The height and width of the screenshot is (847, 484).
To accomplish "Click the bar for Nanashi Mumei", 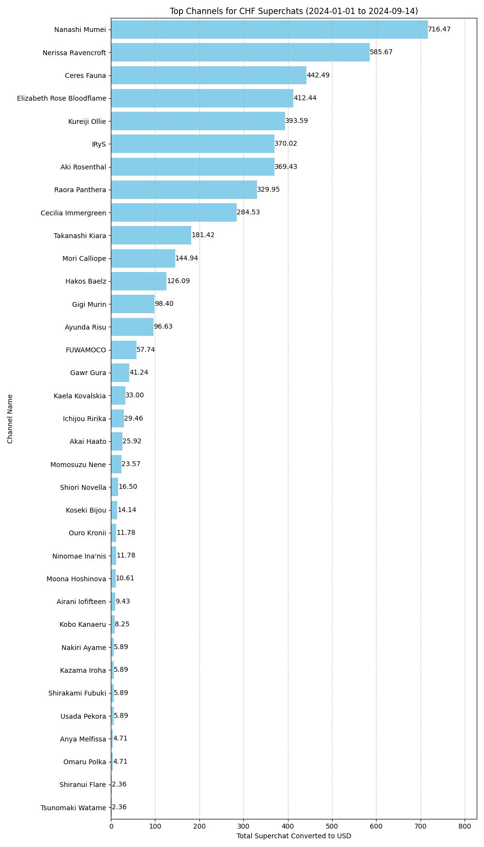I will point(269,30).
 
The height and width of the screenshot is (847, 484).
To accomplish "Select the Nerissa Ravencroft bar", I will point(240,52).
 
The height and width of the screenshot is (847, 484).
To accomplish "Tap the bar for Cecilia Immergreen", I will point(174,212).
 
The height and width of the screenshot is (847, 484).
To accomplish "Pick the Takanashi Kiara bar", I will point(151,235).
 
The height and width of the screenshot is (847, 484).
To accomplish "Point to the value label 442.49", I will point(318,75).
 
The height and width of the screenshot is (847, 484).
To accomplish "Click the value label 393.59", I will point(296,121).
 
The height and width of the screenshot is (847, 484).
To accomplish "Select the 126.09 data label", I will point(178,281).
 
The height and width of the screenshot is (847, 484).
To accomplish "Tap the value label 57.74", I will point(146,349).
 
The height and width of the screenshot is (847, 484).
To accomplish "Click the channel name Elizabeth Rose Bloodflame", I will point(61,98).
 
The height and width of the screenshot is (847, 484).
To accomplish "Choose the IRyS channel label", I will point(99,144).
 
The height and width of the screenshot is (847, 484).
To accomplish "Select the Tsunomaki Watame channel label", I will point(73,808).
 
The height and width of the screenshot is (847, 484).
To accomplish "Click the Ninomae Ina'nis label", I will point(79,556).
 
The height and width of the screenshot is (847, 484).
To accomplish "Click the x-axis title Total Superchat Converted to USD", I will point(294,836).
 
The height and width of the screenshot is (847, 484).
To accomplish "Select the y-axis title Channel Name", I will point(10,419).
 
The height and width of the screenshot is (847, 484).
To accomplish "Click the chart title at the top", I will point(294,11).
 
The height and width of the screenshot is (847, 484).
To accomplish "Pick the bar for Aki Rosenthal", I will point(193,167).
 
